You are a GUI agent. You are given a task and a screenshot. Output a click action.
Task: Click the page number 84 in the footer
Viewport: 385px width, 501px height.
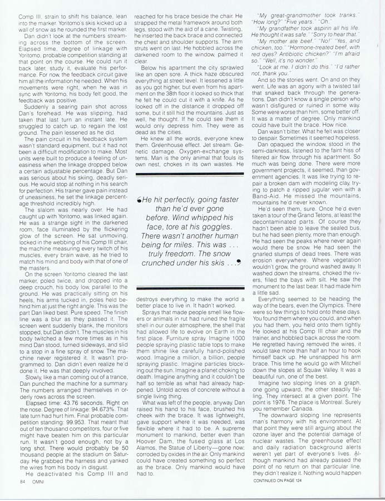pos(22,482)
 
